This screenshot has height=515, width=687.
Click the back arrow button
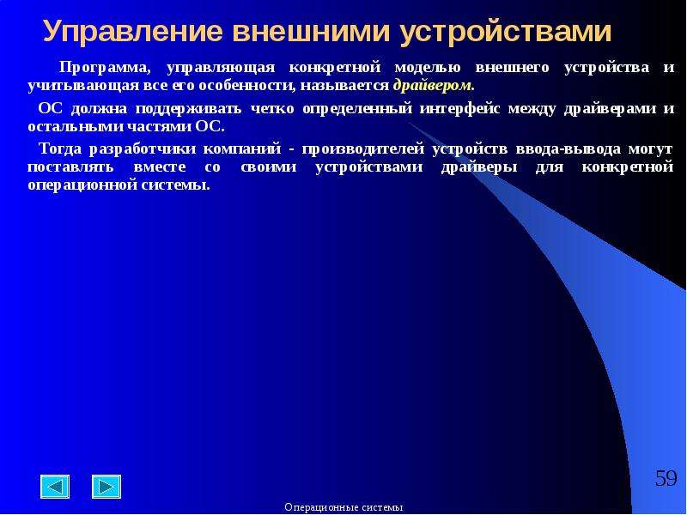point(55,487)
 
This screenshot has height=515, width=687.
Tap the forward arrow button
point(106,487)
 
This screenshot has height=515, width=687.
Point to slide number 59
point(666,478)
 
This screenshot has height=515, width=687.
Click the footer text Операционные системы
point(343,507)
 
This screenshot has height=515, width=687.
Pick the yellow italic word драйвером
point(433,85)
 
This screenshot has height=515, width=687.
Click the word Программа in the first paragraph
point(105,68)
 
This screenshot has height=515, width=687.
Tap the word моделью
point(428,68)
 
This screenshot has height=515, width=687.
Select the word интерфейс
point(459,109)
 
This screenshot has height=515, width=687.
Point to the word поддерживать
point(188,109)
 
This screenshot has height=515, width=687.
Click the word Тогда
point(60,149)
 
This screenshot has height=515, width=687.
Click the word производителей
point(363,149)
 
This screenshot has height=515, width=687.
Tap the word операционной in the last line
point(81,185)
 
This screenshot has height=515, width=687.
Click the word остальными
point(76,127)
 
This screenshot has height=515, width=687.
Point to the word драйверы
point(479,167)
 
